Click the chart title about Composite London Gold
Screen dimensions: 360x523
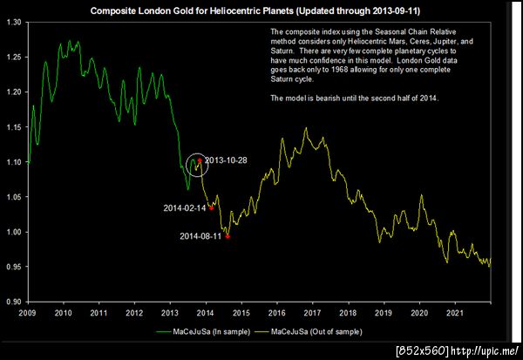pos(261,10)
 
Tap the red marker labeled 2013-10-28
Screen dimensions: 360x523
pos(200,160)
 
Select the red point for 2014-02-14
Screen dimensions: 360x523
pos(211,207)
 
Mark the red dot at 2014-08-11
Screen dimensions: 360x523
pos(228,235)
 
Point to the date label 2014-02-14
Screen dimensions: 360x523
pos(184,208)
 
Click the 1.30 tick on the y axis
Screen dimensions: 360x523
pos(16,22)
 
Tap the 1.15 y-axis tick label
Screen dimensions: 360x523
pos(16,127)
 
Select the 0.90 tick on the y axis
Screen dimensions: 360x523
pos(16,302)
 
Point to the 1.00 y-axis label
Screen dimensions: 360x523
pos(16,232)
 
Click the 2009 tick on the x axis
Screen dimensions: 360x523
pos(27,312)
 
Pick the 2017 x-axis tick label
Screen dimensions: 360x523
pos(311,312)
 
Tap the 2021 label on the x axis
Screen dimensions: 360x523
pos(453,312)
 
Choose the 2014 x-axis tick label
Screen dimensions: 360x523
pos(205,312)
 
